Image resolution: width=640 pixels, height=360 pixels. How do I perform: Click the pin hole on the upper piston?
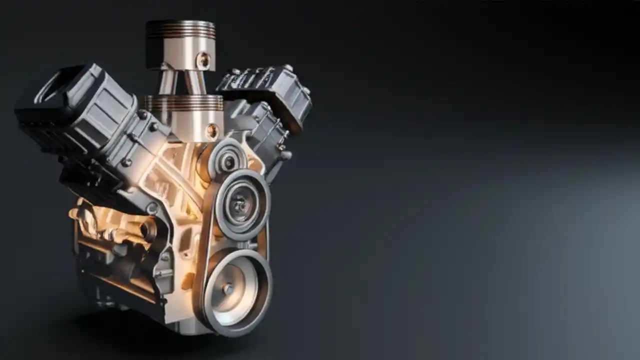[203, 60]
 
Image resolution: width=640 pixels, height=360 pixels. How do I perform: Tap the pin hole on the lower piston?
[212, 131]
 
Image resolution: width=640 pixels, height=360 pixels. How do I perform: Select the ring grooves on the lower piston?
[184, 103]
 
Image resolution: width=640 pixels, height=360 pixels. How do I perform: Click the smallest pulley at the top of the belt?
[228, 160]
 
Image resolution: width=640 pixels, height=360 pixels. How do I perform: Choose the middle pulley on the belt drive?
[241, 202]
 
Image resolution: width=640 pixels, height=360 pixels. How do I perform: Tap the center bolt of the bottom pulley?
[228, 288]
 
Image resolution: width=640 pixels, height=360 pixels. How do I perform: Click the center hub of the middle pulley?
[240, 203]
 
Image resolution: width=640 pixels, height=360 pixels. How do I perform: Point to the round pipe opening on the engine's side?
[148, 230]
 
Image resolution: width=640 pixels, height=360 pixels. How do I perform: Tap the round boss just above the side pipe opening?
[152, 208]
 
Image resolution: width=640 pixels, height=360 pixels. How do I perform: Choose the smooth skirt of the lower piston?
[187, 125]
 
